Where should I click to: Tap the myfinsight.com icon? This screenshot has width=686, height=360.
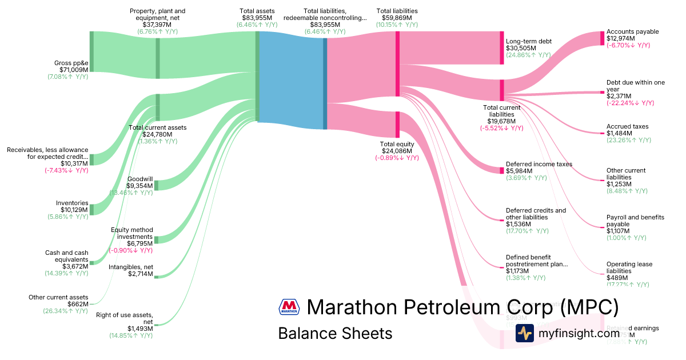525,333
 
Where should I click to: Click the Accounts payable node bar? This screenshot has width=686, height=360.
602,38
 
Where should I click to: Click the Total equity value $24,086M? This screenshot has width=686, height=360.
397,151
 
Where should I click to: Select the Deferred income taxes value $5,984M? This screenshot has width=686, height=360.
519,171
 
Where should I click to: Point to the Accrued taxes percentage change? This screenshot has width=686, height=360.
628,140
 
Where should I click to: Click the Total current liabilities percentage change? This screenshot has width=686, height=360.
501,128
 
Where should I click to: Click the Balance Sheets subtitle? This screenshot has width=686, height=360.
335,333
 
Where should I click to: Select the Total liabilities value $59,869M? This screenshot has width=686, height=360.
397,18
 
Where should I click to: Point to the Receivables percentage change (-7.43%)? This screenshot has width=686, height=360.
66,170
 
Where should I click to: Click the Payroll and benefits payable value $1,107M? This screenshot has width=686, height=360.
618,231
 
